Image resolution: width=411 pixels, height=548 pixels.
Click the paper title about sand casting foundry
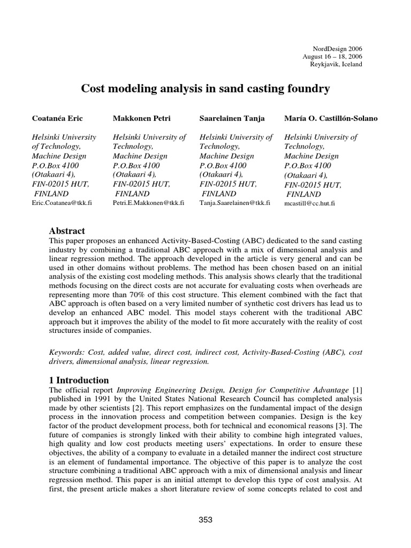pyautogui.click(x=205, y=88)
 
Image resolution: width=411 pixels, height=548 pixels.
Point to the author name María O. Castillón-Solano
pyautogui.click(x=331, y=118)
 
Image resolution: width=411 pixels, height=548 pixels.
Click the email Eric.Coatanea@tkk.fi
pyautogui.click(x=62, y=204)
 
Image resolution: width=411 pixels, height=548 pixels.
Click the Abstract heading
pyautogui.click(x=67, y=231)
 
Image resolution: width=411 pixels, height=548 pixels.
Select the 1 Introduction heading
pyautogui.click(x=79, y=380)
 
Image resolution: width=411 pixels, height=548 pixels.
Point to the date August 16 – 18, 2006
pyautogui.click(x=333, y=56)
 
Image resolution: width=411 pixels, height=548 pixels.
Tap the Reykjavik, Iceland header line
pyautogui.click(x=336, y=64)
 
